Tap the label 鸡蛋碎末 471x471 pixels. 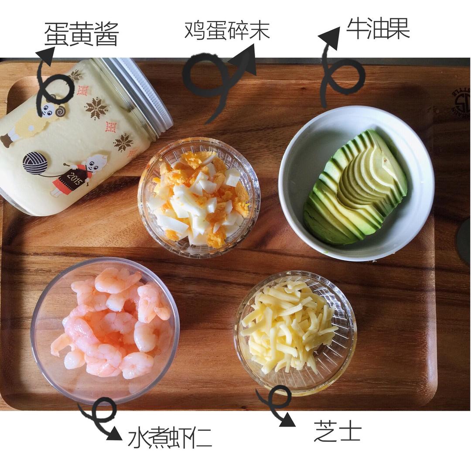tap(227, 30)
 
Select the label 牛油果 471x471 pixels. tap(378, 29)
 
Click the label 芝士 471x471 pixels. tap(338, 431)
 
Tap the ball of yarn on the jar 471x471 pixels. tap(35, 163)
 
